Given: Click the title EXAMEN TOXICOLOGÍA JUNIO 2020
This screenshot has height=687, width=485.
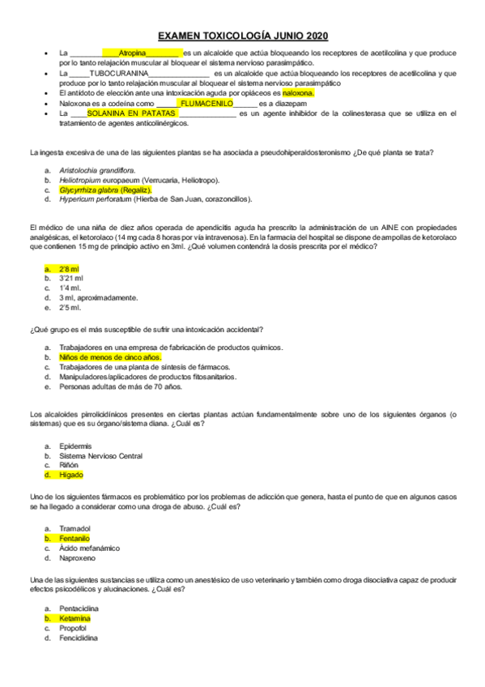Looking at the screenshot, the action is [242, 36].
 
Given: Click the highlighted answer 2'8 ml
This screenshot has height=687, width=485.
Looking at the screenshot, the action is [69, 268].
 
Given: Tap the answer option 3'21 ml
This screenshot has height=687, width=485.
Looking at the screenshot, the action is [71, 278].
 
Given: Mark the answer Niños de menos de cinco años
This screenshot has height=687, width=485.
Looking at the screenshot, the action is [110, 356].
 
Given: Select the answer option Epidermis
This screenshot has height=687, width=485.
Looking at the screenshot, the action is [75, 446].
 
